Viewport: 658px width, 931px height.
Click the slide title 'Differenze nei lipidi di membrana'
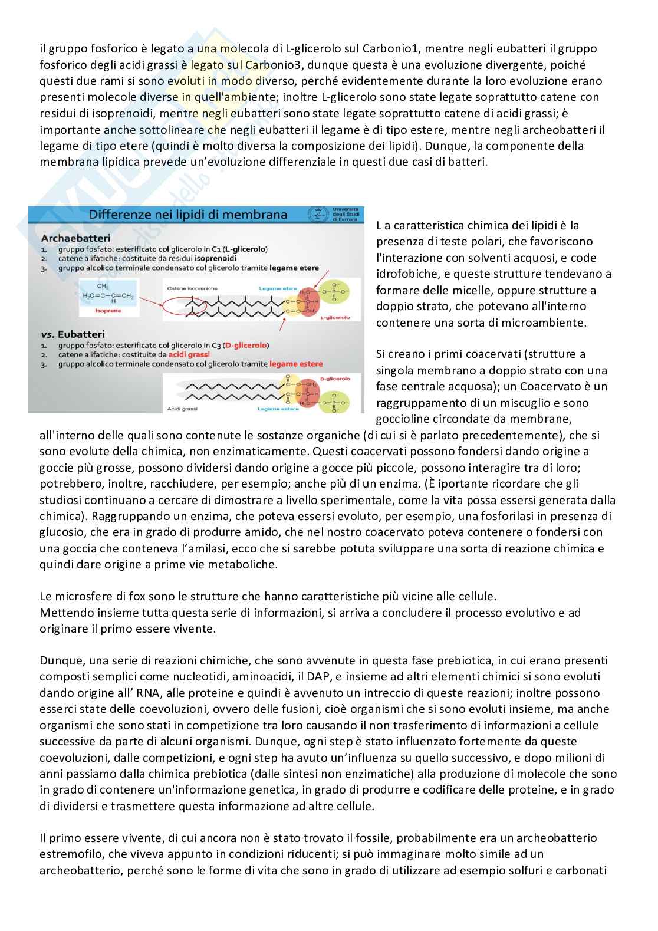(x=187, y=215)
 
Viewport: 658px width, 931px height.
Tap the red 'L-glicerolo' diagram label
(x=334, y=318)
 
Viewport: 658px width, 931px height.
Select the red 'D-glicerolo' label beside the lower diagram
(x=334, y=379)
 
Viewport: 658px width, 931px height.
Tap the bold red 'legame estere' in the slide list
(x=296, y=364)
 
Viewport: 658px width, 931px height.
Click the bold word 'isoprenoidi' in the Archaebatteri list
(x=212, y=258)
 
